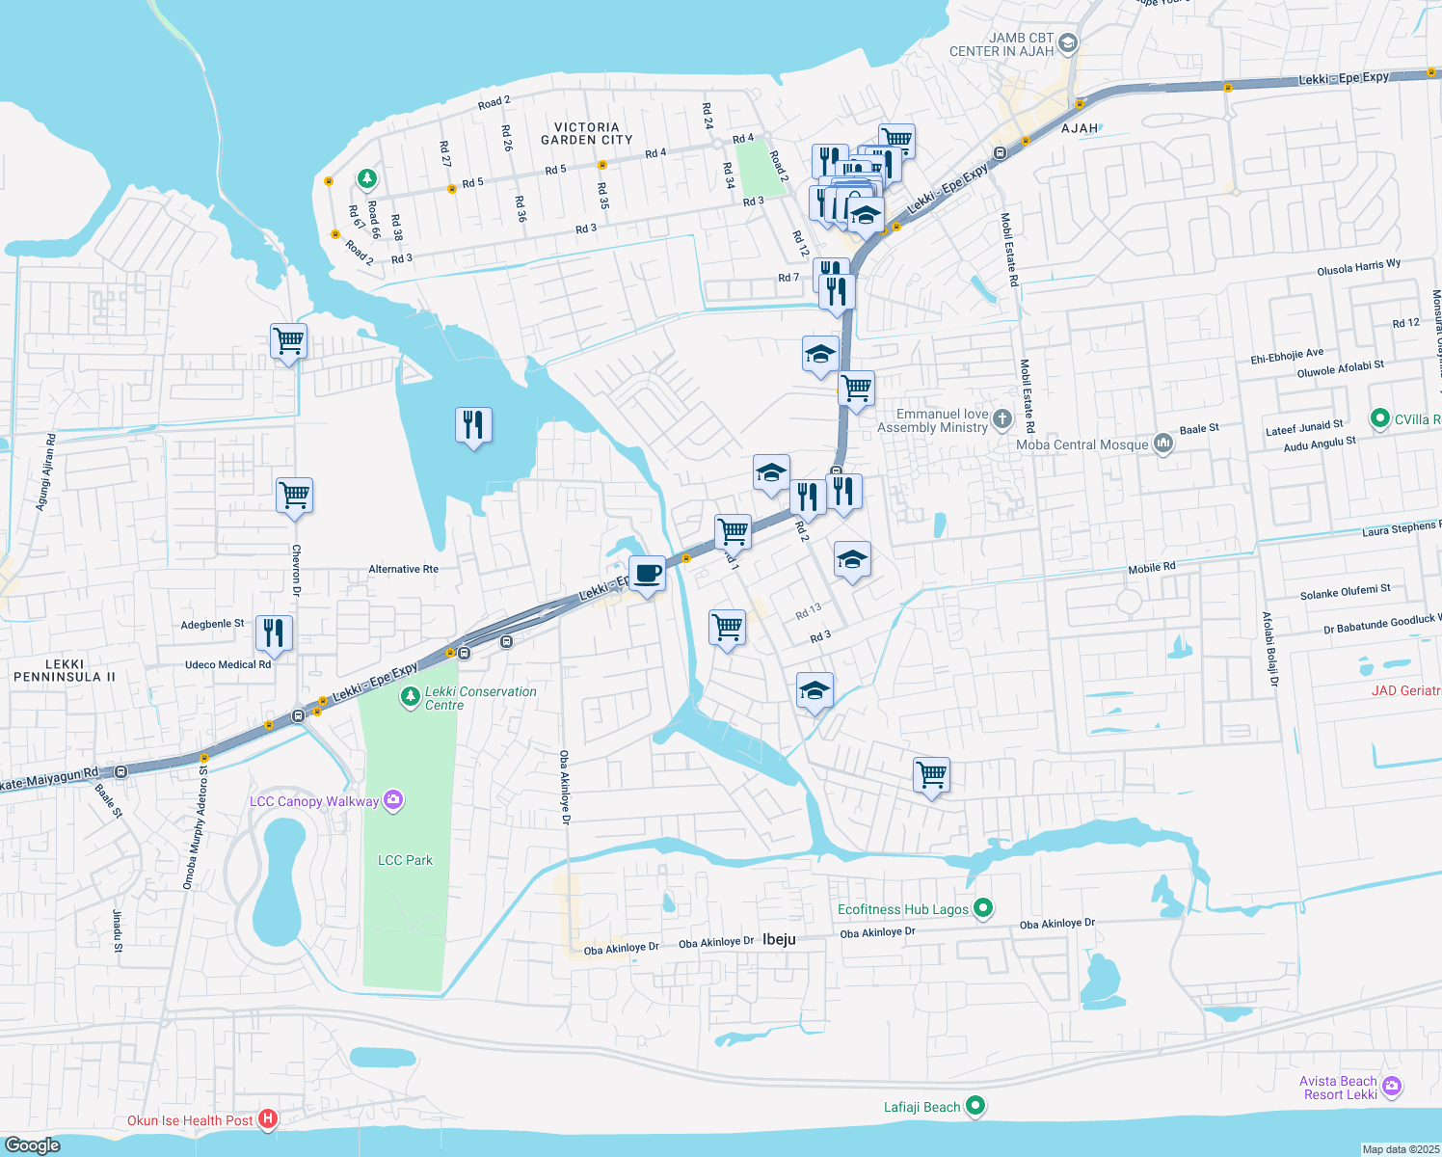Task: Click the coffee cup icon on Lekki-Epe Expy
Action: coord(647,575)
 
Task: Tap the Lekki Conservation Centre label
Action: coord(480,698)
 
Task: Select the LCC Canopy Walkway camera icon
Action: coord(392,800)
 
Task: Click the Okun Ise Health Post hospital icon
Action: coord(269,1119)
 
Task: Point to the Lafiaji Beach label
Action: coord(921,1107)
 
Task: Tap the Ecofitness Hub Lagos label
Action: coord(902,909)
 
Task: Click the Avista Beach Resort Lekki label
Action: coord(1338,1088)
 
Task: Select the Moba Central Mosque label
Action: coord(1081,444)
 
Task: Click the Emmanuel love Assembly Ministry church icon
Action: coord(1002,418)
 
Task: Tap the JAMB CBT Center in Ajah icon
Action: coord(1067,42)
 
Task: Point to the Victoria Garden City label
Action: coord(586,133)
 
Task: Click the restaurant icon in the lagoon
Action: coord(473,424)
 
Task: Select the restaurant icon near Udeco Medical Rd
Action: coord(274,632)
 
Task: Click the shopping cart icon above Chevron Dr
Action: coord(294,496)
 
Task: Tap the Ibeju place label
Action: coord(779,939)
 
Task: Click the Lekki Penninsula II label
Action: coord(64,670)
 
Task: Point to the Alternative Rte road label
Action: coord(403,569)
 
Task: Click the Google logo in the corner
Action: coord(32,1144)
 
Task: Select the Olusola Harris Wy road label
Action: coord(1358,267)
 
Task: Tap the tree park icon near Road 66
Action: coord(366,178)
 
